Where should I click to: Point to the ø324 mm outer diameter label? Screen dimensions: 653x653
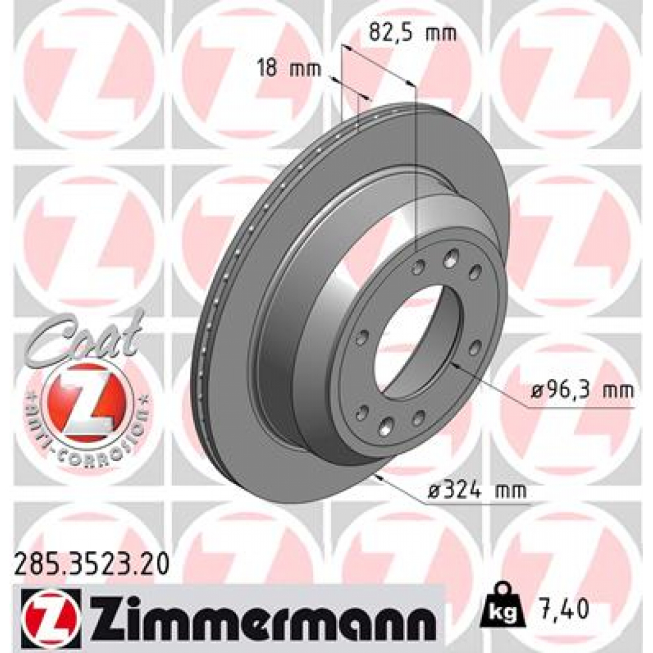coord(478,490)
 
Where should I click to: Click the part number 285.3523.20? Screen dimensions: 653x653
coord(91,565)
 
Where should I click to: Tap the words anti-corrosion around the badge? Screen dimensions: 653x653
coord(89,440)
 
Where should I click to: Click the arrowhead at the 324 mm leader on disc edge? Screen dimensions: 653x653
coord(380,476)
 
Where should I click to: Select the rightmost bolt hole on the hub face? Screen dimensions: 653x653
coord(476,348)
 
